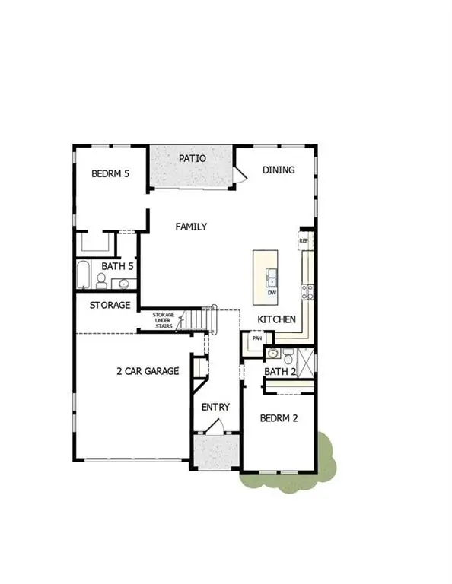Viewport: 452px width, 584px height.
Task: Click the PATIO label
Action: [x=193, y=159]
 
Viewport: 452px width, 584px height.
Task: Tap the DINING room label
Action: [x=279, y=170]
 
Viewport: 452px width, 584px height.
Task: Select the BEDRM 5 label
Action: [x=110, y=174]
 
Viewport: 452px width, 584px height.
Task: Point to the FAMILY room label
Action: [x=191, y=227]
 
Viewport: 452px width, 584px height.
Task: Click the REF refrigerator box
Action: [x=304, y=240]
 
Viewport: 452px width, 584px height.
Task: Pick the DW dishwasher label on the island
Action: [x=272, y=292]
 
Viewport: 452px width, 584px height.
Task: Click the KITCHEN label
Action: [x=276, y=319]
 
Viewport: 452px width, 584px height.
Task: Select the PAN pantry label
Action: [x=256, y=339]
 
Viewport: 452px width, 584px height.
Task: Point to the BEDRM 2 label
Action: [x=279, y=418]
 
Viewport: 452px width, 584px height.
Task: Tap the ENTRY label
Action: [x=215, y=407]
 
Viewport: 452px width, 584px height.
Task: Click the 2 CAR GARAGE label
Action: [x=148, y=371]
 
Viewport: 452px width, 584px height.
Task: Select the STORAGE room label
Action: [x=110, y=305]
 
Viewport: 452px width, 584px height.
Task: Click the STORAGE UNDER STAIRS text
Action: [x=164, y=320]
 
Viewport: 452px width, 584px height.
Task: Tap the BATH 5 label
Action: [x=118, y=267]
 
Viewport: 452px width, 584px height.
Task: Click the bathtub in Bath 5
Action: [x=83, y=274]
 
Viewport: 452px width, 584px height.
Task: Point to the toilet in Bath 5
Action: [x=100, y=281]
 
